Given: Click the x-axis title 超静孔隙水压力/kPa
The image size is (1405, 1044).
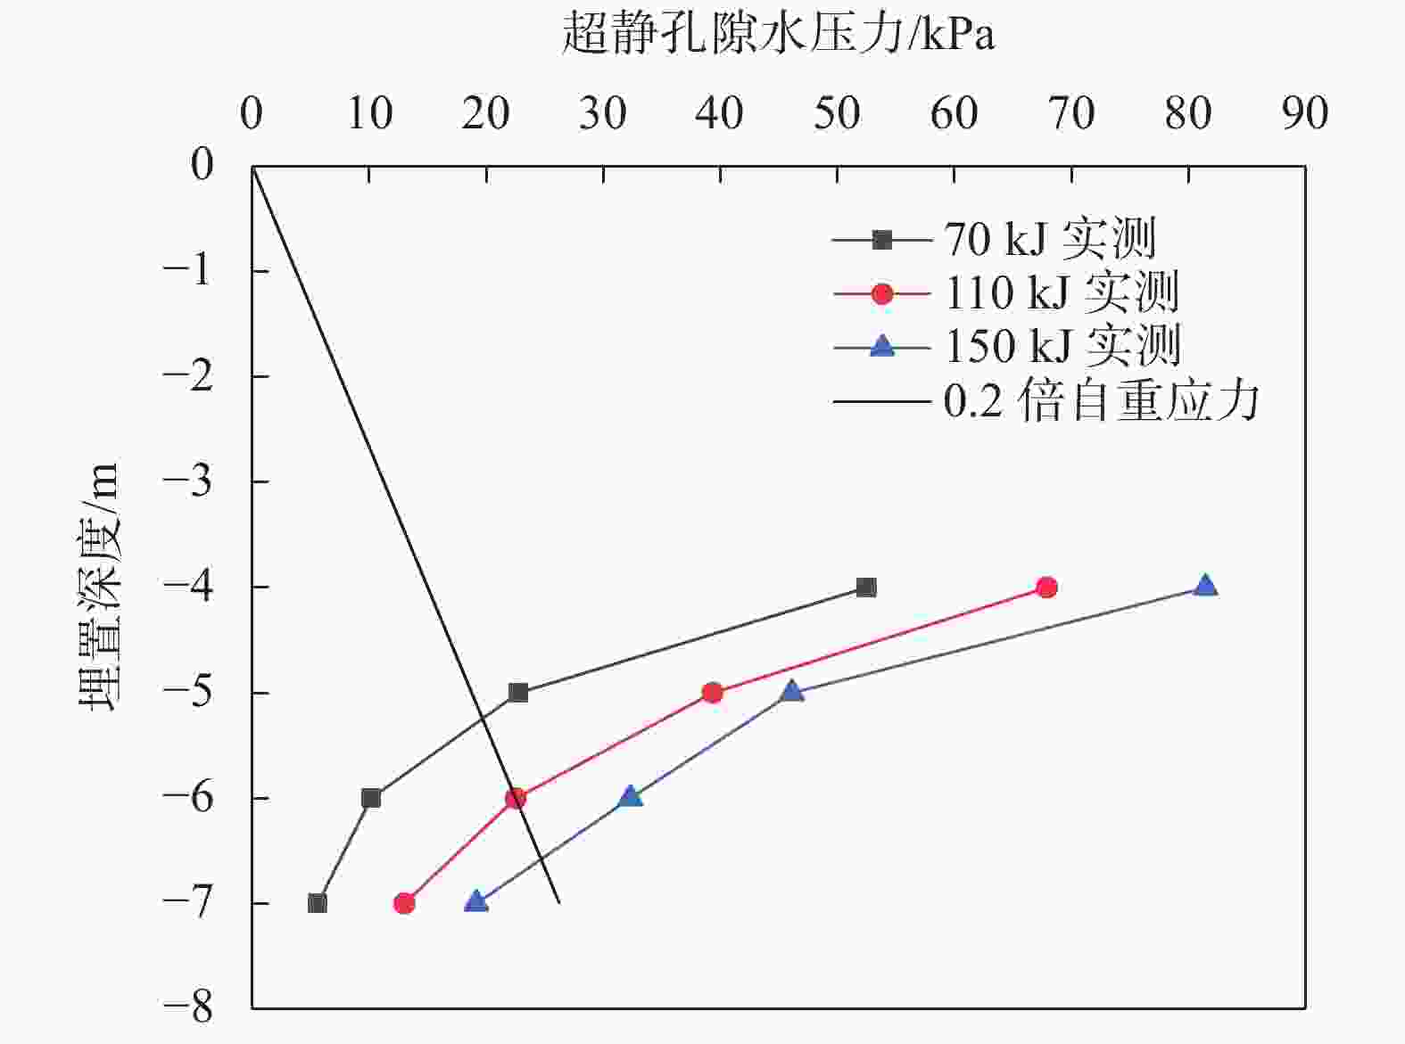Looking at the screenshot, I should point(778,34).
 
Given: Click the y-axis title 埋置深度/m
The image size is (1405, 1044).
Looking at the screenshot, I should point(98,586).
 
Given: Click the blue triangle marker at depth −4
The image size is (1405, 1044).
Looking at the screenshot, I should point(1205,586).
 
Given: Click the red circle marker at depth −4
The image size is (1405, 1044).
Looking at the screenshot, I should point(1046,588).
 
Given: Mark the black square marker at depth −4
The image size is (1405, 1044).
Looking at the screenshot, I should point(866,588).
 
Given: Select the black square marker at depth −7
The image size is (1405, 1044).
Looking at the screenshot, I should point(317,903).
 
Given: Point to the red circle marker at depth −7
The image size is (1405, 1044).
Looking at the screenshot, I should point(404,903).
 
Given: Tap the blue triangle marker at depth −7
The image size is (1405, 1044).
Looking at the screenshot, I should point(476,901).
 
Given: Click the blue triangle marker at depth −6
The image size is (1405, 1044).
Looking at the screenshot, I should point(630,796).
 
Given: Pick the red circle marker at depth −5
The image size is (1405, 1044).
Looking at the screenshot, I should point(712,693).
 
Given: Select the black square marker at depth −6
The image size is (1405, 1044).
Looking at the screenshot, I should point(371,798).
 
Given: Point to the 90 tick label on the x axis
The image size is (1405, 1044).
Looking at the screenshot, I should point(1305,114).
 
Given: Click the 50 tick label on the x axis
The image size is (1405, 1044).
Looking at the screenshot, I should point(837,114).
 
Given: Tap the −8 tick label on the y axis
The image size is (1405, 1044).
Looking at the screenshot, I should point(189,1008).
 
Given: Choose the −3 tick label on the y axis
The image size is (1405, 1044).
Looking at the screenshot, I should point(189,481).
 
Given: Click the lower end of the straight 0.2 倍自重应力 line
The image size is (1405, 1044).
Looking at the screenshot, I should point(558,902).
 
